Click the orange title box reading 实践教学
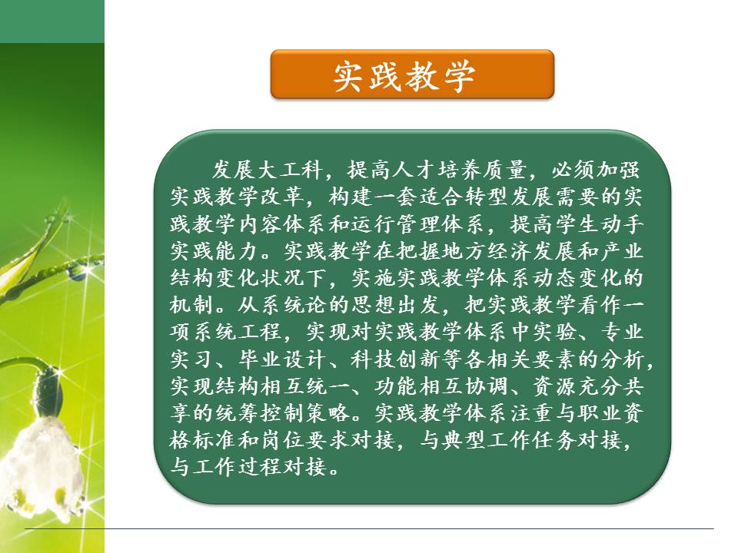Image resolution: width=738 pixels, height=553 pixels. (412, 75)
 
